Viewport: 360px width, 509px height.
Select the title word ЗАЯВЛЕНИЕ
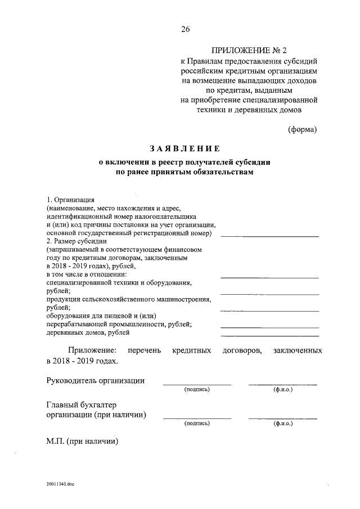point(184,148)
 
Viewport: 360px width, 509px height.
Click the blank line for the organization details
point(269,236)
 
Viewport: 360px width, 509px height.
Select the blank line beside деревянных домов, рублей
point(269,334)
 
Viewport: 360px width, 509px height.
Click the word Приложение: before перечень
point(91,350)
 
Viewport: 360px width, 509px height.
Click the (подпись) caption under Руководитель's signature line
point(197,389)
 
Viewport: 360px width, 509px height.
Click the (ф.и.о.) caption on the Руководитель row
point(282,389)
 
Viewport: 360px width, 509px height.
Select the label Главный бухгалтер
point(83,404)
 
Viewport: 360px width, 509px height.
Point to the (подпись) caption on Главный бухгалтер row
point(197,423)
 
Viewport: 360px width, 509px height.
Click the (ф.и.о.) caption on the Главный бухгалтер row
point(282,423)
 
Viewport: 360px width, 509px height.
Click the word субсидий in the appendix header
point(298,62)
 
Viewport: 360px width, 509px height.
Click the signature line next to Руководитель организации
point(197,384)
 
